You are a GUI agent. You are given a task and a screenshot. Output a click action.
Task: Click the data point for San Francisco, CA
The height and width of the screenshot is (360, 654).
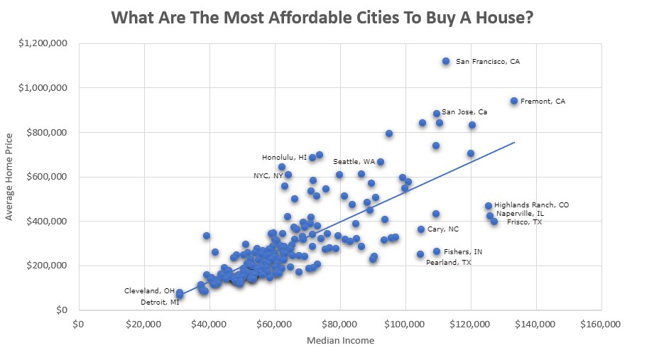click(x=446, y=62)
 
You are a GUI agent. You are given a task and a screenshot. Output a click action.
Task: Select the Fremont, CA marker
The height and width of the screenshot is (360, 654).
click(x=514, y=102)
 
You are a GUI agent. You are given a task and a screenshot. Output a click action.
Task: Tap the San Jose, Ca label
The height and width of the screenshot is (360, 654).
click(x=464, y=112)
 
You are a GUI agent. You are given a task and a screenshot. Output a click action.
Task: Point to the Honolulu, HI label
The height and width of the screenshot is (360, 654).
click(x=284, y=158)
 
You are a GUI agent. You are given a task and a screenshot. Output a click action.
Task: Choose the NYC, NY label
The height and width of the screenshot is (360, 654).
click(x=268, y=176)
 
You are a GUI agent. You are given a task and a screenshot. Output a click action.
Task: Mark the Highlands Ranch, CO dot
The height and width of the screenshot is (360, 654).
click(x=489, y=206)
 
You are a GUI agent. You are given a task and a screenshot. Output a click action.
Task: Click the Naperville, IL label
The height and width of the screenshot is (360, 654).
click(x=520, y=213)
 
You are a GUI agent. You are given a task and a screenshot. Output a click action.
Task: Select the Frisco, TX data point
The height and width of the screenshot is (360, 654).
click(x=494, y=222)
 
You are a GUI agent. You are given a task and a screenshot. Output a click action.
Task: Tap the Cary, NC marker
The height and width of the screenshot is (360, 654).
click(x=421, y=229)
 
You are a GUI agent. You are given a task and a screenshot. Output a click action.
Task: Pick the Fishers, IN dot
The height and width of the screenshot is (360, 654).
click(x=437, y=251)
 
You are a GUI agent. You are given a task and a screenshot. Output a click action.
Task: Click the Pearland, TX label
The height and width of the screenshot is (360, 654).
click(x=448, y=263)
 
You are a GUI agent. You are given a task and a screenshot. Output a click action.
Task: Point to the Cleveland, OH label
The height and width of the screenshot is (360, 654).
click(x=149, y=291)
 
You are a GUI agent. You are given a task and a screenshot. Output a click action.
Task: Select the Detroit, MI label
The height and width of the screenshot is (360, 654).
click(x=159, y=302)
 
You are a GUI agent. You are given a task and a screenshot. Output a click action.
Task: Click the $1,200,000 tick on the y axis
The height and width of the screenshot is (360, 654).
click(x=44, y=43)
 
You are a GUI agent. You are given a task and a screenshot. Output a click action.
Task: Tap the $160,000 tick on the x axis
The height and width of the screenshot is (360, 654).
click(x=601, y=324)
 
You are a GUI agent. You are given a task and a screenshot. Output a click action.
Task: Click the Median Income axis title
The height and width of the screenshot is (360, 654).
click(x=340, y=341)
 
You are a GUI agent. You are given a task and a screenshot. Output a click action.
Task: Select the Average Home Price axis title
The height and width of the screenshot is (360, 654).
click(x=10, y=176)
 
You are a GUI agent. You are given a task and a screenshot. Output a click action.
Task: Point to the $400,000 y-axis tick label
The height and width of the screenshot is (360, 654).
click(x=47, y=222)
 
